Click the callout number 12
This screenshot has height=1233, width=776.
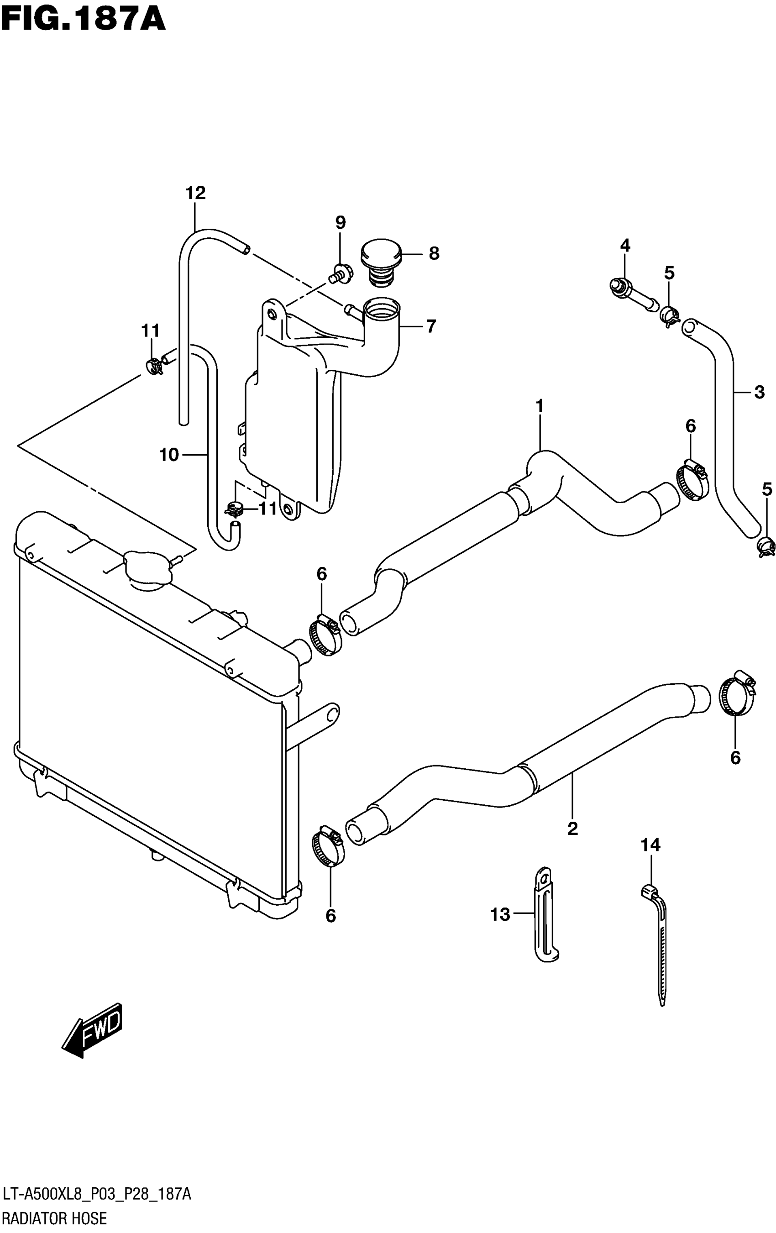click(195, 193)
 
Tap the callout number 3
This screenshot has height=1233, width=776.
click(759, 392)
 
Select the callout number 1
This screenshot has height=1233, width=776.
click(539, 406)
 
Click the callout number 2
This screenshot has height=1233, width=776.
click(572, 828)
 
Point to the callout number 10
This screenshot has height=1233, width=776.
click(169, 454)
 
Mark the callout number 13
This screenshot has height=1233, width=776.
click(500, 914)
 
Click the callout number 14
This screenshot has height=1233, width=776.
click(650, 845)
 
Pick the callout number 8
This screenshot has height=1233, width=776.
click(434, 253)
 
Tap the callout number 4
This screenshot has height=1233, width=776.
click(625, 245)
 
